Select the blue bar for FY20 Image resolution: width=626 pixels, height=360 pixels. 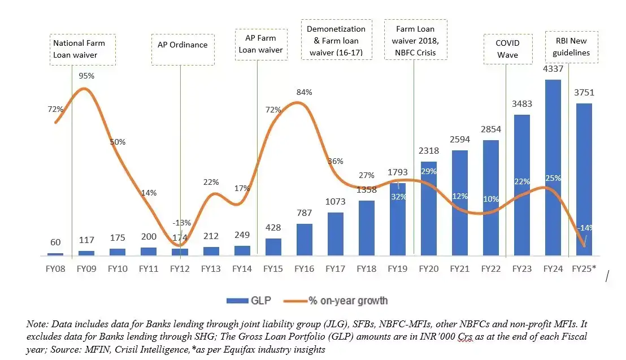(429, 209)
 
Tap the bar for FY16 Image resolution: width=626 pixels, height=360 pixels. (305, 240)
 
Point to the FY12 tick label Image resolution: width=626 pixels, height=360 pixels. (180, 268)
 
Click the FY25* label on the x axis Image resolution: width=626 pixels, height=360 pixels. (584, 268)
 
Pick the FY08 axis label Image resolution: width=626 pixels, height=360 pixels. (55, 268)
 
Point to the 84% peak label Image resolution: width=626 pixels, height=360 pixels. (305, 92)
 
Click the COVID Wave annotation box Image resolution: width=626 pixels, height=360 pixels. (507, 49)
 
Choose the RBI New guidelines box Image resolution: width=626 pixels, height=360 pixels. (570, 47)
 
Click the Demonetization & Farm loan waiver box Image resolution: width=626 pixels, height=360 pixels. (336, 41)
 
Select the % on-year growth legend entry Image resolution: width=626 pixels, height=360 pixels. (339, 301)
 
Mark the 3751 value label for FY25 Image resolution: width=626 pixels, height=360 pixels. (584, 93)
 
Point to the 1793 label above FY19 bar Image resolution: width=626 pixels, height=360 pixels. (398, 171)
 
